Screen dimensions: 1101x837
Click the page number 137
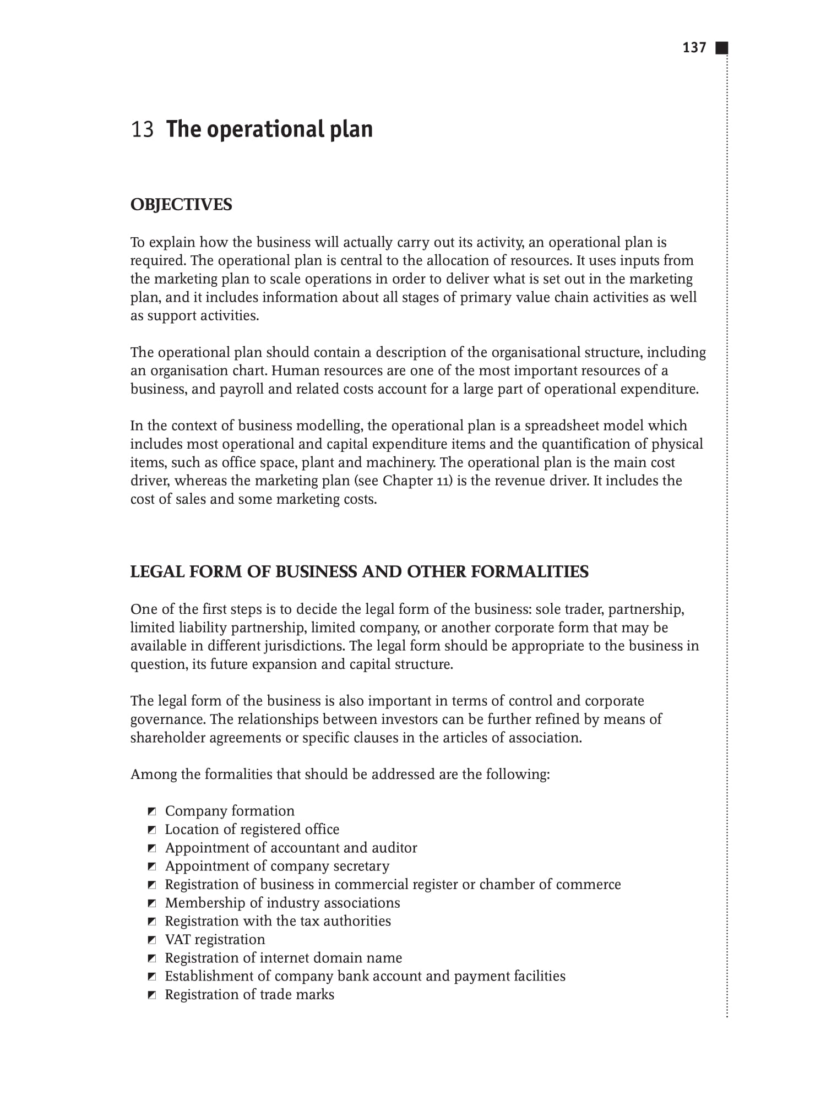click(694, 48)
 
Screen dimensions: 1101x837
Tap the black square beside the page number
click(721, 48)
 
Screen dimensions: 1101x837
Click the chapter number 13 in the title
click(142, 129)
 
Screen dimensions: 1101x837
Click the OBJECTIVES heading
click(181, 205)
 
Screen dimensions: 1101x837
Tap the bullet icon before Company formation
click(153, 811)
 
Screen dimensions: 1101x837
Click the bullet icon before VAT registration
click(153, 940)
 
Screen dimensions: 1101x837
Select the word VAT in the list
click(178, 940)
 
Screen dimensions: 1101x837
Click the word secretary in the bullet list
click(361, 866)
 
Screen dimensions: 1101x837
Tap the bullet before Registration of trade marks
click(153, 995)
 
